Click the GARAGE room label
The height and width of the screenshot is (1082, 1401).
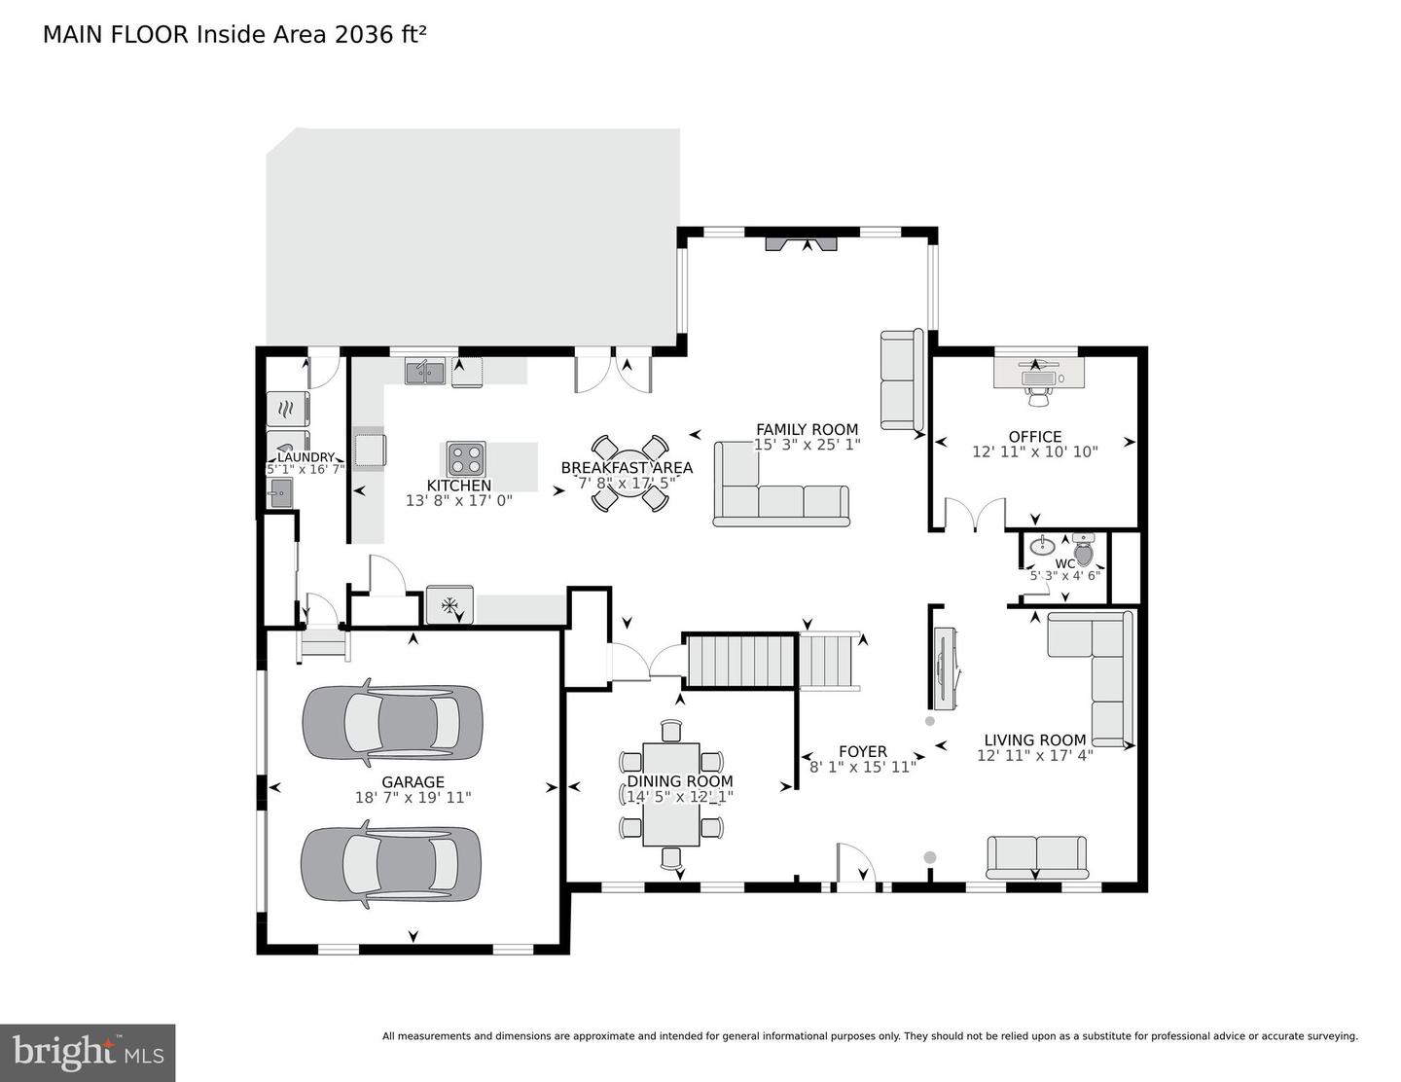click(413, 781)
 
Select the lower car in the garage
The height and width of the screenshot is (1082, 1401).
click(390, 863)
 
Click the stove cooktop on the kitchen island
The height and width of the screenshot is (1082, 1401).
click(467, 458)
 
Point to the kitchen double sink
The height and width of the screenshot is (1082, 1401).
click(425, 371)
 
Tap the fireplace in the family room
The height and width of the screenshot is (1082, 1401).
click(800, 243)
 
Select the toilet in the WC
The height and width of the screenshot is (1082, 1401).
click(1084, 550)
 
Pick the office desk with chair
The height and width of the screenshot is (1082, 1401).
click(1038, 374)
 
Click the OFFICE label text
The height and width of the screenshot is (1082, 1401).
click(1035, 437)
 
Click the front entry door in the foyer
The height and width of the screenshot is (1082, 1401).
click(855, 868)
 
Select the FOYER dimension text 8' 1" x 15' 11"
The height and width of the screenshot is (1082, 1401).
click(862, 767)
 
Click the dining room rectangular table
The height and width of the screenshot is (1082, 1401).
click(671, 794)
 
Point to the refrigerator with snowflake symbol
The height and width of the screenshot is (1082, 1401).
click(449, 605)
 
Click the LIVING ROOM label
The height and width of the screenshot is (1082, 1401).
click(1034, 739)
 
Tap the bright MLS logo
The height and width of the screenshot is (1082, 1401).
click(88, 1053)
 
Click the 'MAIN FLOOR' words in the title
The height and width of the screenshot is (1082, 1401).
click(116, 35)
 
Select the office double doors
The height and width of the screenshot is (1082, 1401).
click(975, 515)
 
